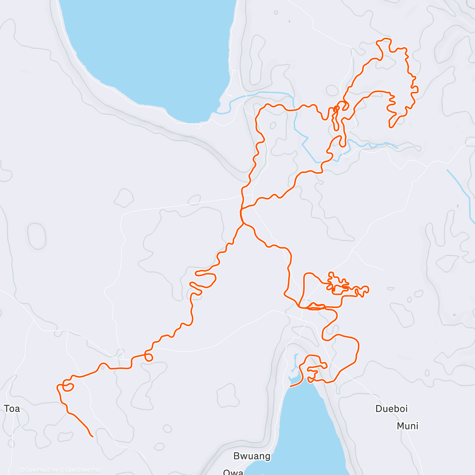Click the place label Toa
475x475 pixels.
(12, 408)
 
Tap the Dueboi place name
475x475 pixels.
(391, 408)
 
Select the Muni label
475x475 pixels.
(407, 426)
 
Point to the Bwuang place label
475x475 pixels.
(252, 456)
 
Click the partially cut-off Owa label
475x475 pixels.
(233, 472)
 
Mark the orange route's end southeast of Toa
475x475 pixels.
(92, 437)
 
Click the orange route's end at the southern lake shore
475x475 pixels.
(290, 386)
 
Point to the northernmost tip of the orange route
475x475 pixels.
(384, 39)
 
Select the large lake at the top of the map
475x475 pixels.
(146, 51)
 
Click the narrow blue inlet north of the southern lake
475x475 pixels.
(295, 362)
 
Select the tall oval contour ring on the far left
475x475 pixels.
(37, 236)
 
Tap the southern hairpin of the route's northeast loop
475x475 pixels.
(391, 126)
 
